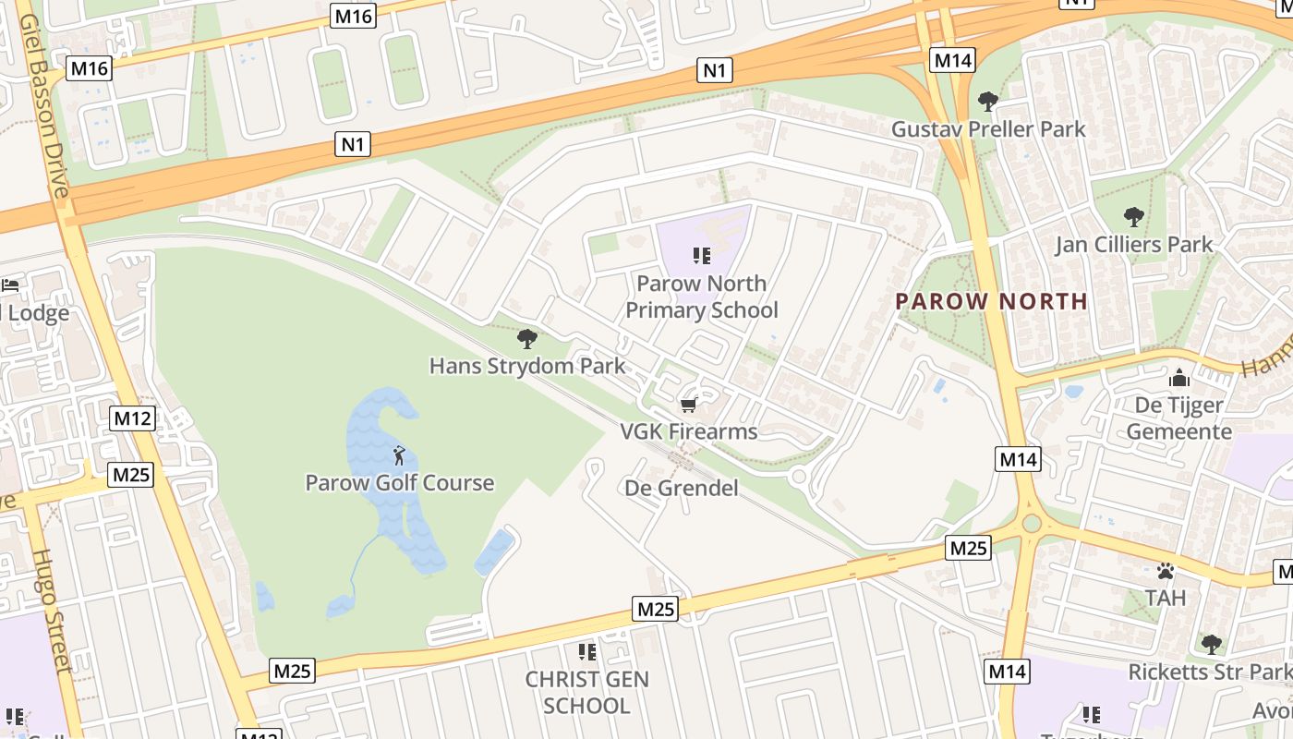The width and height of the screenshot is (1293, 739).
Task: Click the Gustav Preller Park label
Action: click(988, 129)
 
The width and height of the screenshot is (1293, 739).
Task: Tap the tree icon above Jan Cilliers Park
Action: click(1133, 218)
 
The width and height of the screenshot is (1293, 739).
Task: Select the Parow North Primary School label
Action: click(702, 297)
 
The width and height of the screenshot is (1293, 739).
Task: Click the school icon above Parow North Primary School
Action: click(701, 256)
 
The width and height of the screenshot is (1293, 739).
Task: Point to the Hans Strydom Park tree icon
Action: click(527, 339)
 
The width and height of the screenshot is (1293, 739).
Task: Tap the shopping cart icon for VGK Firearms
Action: click(688, 406)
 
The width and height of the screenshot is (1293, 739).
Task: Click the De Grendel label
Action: click(682, 488)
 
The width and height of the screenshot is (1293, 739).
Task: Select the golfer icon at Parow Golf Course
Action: click(399, 455)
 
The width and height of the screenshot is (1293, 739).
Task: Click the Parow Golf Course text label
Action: click(400, 483)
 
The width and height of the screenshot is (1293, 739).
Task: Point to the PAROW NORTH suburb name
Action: click(992, 301)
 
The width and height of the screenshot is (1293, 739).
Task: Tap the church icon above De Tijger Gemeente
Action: click(1178, 378)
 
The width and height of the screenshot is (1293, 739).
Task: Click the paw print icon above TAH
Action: click(1166, 571)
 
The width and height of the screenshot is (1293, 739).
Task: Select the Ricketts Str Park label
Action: click(1208, 672)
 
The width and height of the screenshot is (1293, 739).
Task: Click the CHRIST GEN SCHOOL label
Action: click(587, 693)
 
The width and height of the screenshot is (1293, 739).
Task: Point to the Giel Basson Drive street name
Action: click(43, 106)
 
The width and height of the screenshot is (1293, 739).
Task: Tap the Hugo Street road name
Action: click(53, 610)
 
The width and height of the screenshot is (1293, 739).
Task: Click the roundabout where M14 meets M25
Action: click(1032, 524)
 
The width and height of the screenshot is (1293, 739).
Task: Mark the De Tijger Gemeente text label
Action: click(1178, 418)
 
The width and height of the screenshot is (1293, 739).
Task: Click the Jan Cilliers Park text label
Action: click(1134, 245)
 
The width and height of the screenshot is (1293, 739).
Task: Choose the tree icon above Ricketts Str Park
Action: click(1211, 644)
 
